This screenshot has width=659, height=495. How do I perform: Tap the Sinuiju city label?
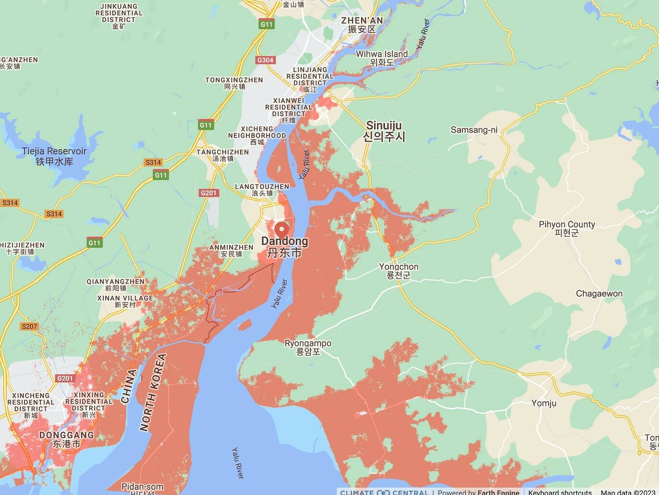coord(384,131)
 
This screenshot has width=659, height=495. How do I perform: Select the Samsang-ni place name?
coord(474,130)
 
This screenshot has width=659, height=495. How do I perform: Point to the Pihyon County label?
coord(567,228)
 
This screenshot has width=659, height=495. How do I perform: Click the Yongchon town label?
coord(399,270)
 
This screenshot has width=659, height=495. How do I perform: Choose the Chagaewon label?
coord(599,293)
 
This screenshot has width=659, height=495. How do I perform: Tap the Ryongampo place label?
coord(308,347)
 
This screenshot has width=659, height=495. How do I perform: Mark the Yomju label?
coord(544,403)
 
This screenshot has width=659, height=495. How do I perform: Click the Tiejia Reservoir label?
coord(54,156)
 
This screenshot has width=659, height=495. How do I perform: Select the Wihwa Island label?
coord(381,58)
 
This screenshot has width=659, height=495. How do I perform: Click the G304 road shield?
coord(265,60)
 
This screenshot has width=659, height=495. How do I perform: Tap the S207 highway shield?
coord(29,326)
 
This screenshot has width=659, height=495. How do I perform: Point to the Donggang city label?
coord(66,439)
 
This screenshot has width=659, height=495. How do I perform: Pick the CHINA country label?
coord(129,386)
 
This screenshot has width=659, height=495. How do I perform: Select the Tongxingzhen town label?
coord(234,83)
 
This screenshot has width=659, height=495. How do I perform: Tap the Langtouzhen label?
coord(262,190)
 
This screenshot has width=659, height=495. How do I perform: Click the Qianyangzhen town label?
coord(115,284)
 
